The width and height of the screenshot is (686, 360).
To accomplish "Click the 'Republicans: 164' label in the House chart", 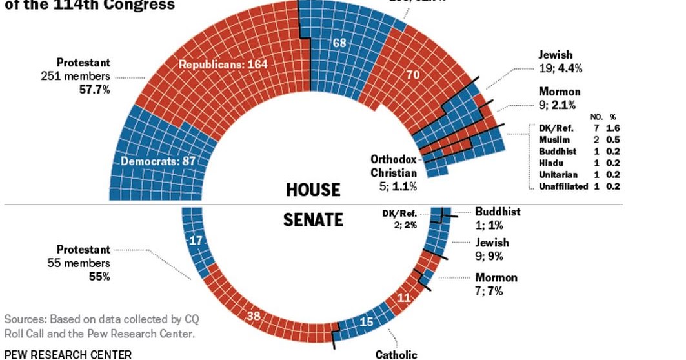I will point(223,65).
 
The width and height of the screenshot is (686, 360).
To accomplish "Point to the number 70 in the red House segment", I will point(413,75).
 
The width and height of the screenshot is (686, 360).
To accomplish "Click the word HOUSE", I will point(312,190).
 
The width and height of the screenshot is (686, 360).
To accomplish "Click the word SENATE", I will point(313,220).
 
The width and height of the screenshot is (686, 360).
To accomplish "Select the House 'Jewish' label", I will point(556,55).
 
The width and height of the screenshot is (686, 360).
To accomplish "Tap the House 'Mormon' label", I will point(560,92).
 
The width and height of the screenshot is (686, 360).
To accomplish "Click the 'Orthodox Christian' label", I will point(394,166).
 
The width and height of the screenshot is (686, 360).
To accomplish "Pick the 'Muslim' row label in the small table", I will point(553,139).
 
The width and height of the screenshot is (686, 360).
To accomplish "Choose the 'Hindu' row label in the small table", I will point(550,163).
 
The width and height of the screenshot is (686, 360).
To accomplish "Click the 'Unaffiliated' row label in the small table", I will point(563,186).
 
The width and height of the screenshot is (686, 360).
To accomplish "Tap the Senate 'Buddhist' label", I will point(498,212).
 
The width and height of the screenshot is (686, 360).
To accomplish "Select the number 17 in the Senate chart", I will point(197,241).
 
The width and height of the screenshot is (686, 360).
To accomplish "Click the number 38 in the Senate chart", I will point(255,316).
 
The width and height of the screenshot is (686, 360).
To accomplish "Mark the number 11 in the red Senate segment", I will point(403,297).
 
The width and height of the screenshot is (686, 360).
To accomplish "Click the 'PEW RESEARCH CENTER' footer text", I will point(67,354).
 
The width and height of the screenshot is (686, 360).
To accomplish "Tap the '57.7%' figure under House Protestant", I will point(94,90).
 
